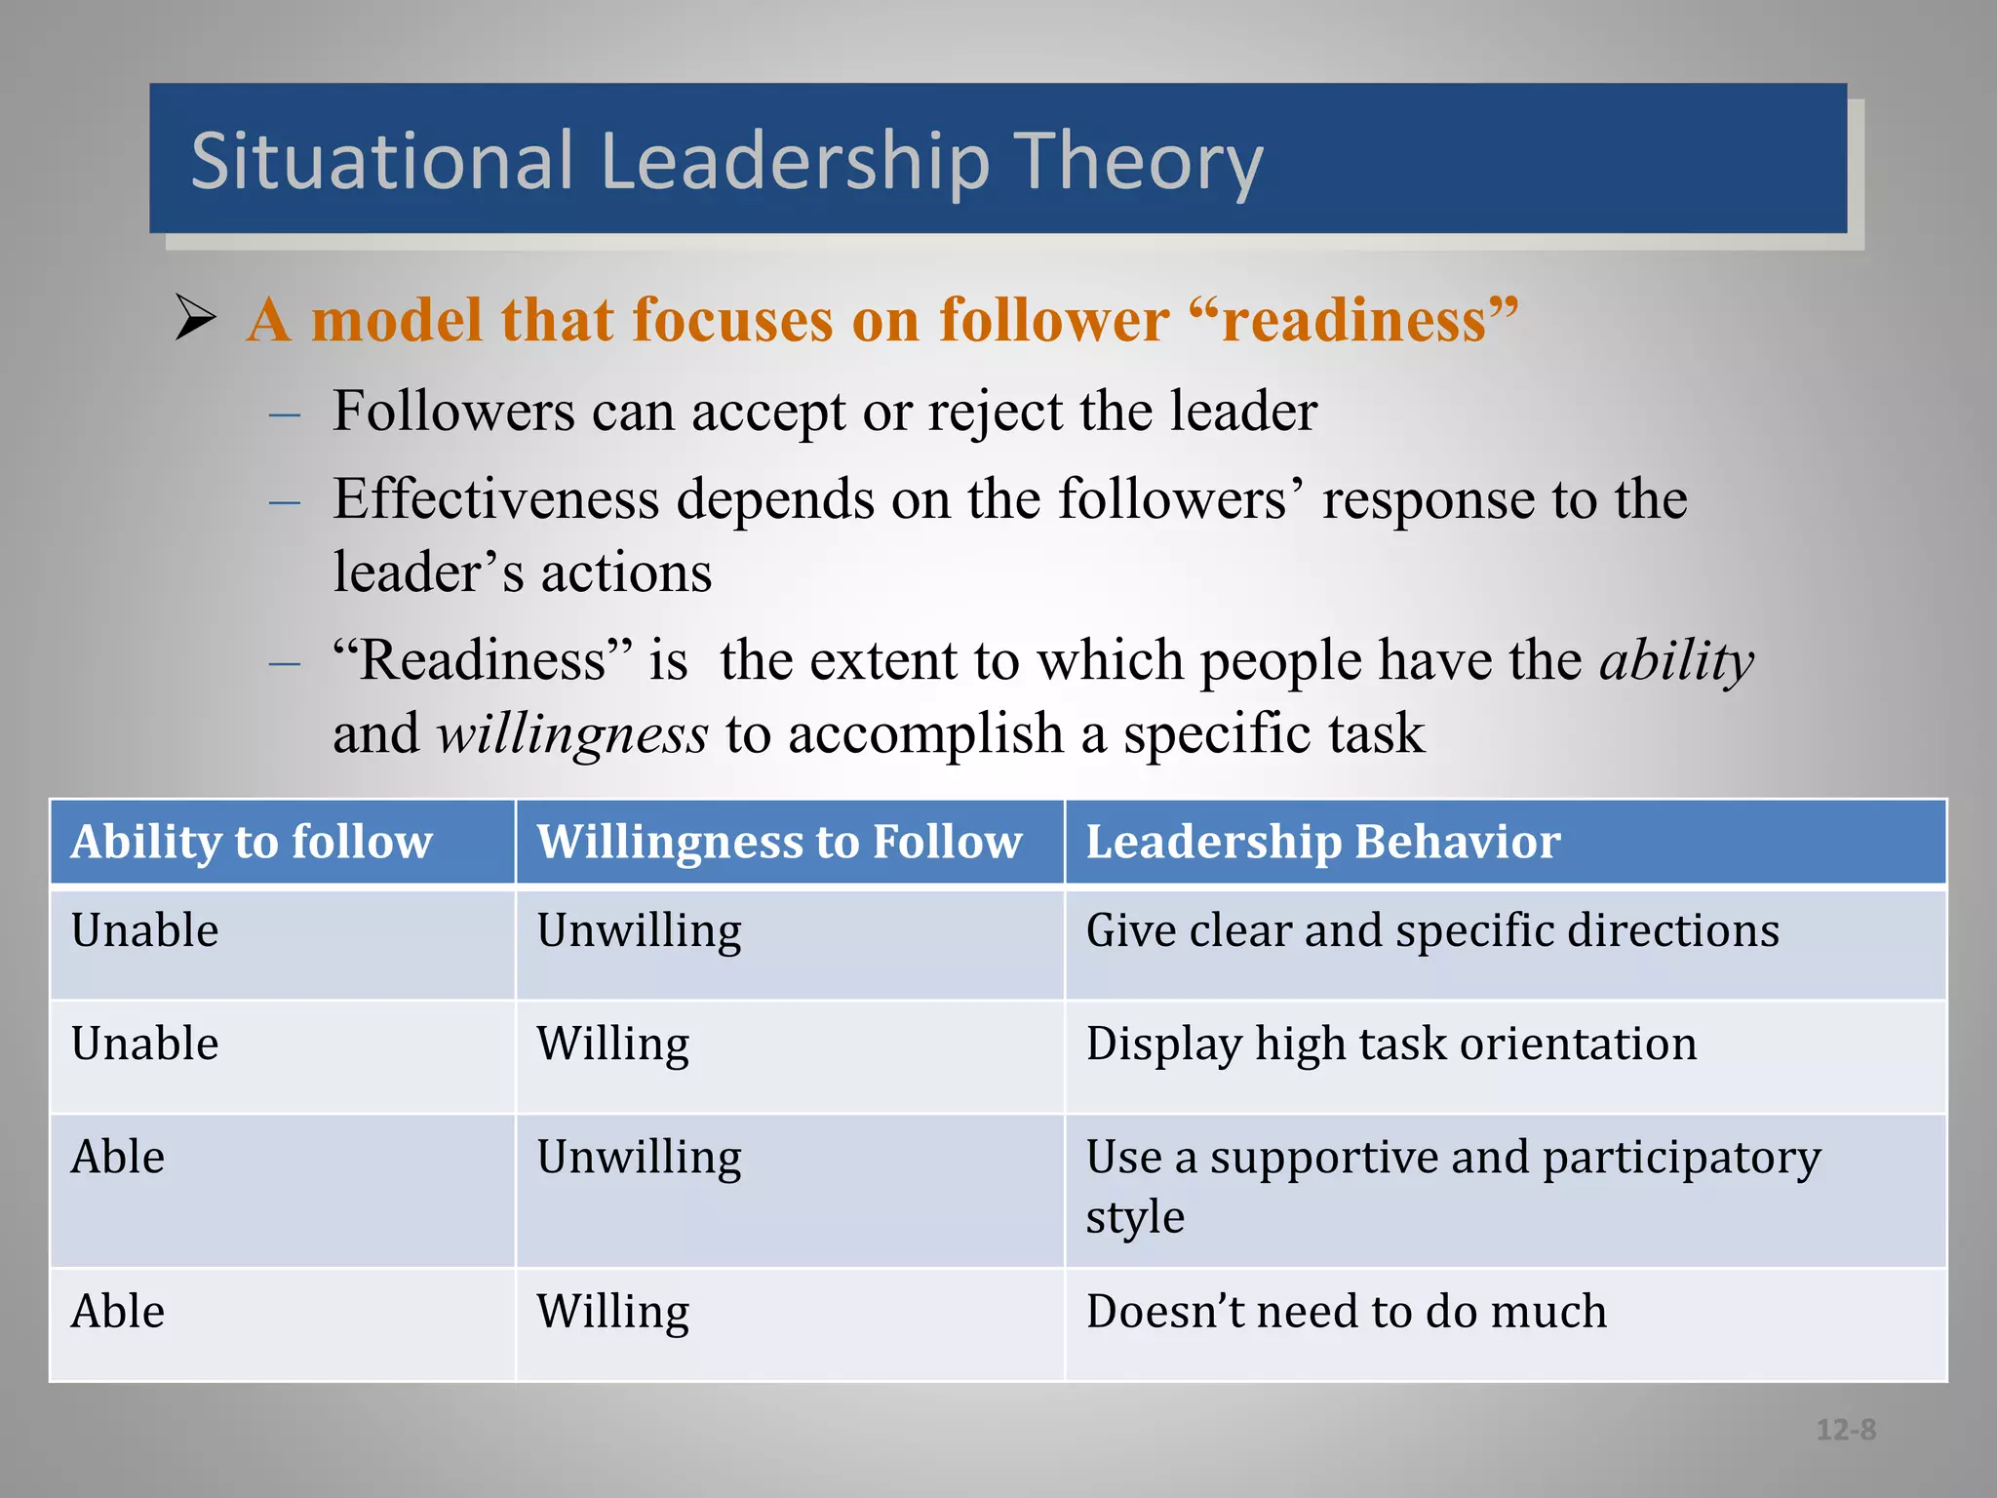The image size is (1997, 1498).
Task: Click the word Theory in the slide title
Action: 1138,162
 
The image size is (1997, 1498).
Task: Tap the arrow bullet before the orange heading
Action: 195,318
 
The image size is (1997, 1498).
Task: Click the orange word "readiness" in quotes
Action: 1354,320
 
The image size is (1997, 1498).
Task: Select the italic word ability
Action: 1676,662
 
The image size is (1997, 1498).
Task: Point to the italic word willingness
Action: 571,734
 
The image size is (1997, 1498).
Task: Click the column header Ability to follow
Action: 252,841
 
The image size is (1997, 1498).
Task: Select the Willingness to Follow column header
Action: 779,841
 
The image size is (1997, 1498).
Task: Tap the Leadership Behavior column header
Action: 1323,841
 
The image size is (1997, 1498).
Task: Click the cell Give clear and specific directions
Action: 1431,930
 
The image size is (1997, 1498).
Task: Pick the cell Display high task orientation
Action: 1390,1044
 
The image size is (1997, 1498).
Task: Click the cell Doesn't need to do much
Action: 1346,1311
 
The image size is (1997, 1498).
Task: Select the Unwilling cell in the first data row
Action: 639,930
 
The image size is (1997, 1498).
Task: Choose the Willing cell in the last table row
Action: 612,1311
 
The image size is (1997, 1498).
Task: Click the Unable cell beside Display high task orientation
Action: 144,1044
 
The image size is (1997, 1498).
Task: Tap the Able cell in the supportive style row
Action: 117,1158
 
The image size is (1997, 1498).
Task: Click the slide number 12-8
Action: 1845,1430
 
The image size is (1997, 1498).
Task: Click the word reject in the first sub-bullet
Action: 995,411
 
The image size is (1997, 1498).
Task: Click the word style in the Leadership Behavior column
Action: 1134,1217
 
